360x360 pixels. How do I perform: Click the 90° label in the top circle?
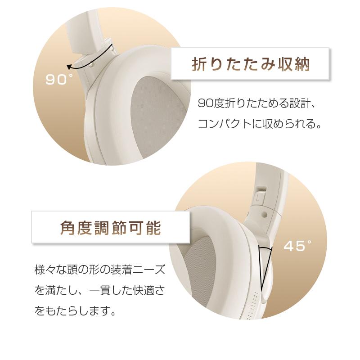59,80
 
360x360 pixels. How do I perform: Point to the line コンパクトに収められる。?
261,124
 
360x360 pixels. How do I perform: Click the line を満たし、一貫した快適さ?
100,290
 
